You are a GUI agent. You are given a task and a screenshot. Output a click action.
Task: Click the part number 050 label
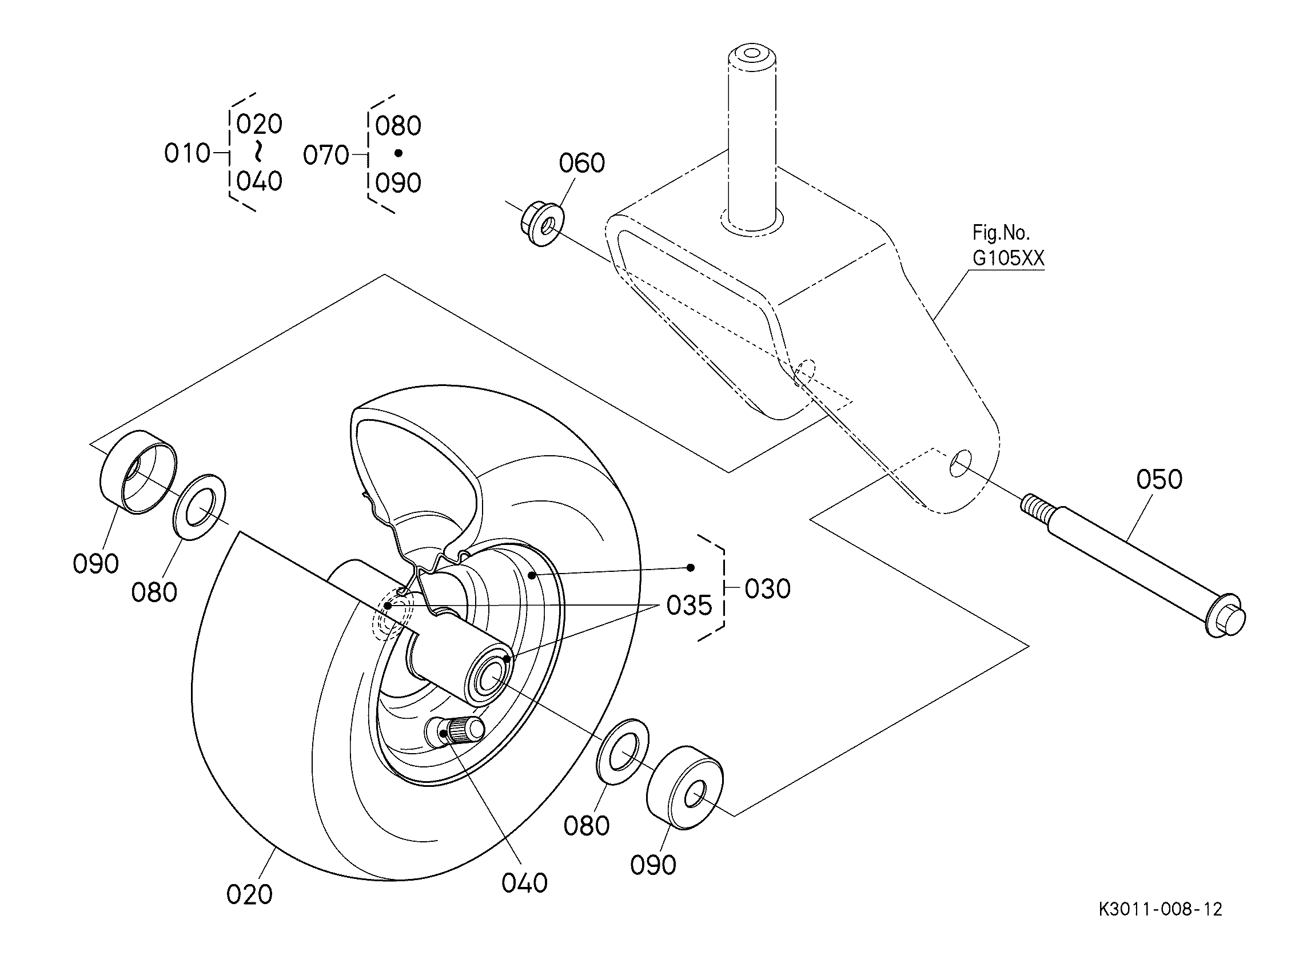pos(1159,480)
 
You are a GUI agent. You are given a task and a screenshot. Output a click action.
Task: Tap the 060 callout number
pos(581,163)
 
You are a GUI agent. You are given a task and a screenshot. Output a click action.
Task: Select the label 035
pos(689,606)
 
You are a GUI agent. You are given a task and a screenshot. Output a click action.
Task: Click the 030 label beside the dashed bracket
pos(768,589)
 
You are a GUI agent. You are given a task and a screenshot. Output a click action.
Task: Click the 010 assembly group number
pos(187,154)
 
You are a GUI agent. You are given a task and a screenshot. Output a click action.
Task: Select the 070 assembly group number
pos(326,156)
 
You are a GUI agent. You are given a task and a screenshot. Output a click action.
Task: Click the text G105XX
pos(1009,258)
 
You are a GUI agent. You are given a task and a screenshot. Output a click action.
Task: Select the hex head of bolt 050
pos(1225,616)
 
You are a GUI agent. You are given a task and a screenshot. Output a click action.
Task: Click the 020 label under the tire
pos(249,895)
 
